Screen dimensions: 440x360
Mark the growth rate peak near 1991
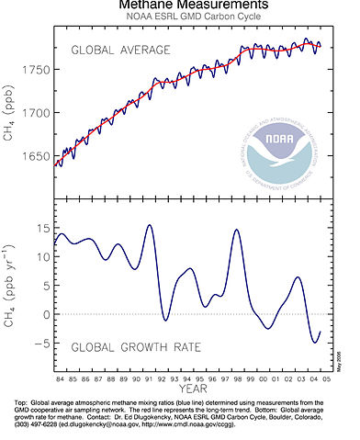coord(149,225)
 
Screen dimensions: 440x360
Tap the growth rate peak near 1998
coord(236,230)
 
